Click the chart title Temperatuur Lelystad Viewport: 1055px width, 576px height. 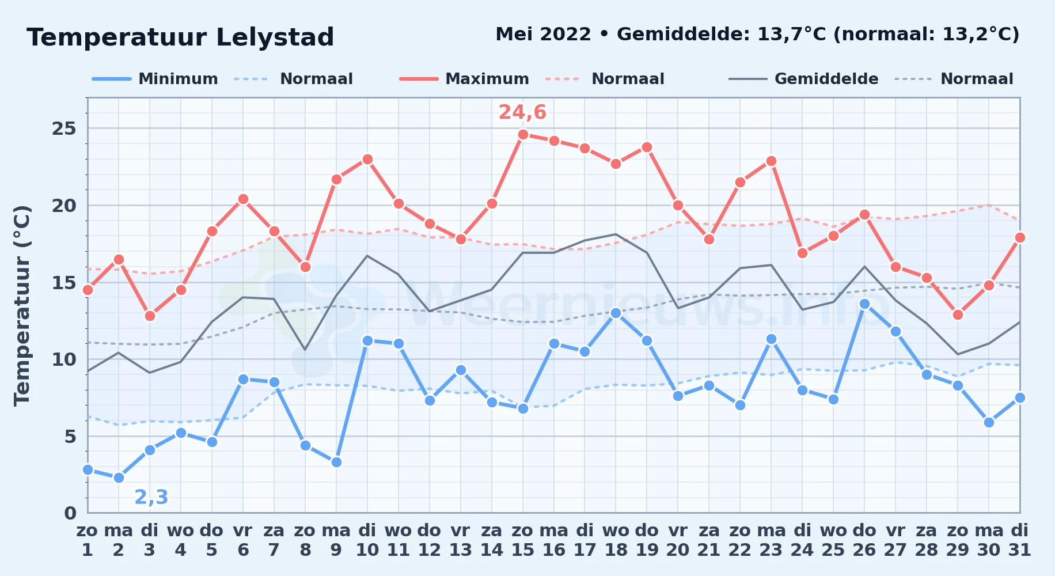pos(180,37)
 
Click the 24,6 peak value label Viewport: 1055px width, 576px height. pos(522,112)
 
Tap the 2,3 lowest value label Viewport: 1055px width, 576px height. pos(151,497)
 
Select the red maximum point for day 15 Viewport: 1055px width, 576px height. pos(523,135)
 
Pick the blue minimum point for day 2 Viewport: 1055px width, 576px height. pos(119,478)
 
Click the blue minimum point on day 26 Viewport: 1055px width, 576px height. pos(864,304)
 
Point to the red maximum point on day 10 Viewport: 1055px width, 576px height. pos(367,159)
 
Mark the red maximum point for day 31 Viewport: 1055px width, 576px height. pos(1020,237)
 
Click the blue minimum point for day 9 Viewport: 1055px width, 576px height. pos(336,462)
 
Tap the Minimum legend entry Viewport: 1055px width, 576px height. pos(155,79)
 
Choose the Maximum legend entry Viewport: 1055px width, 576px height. pos(464,79)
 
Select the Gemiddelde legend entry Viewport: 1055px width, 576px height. pos(803,79)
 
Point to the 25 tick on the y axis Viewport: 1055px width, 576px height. pos(64,128)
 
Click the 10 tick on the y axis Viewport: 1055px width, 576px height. pos(64,359)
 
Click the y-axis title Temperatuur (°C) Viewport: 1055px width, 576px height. pos(22,305)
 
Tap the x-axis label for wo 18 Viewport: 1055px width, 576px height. pos(616,540)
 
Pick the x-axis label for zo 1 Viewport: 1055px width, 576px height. pos(88,540)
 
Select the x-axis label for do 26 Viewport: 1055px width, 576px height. pos(864,540)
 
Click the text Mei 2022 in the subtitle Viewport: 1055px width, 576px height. pos(543,35)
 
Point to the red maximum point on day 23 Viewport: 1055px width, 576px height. pos(771,161)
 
